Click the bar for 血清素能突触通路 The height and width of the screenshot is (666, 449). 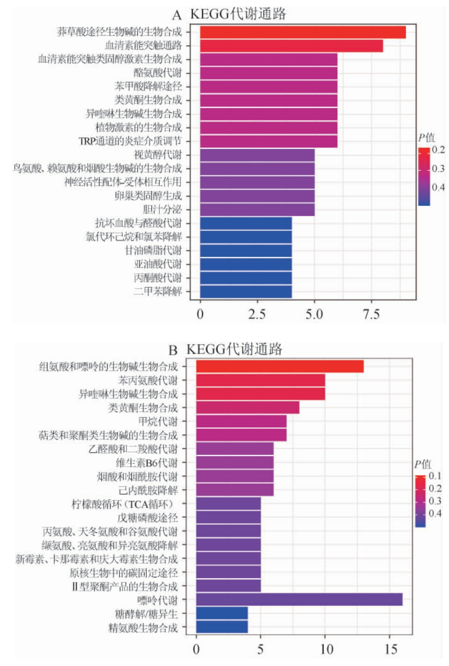click(x=291, y=46)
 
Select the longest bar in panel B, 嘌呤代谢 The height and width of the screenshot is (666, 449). click(x=299, y=599)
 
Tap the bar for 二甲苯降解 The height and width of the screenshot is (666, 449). click(x=246, y=292)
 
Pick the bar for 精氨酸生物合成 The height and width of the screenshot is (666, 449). click(x=222, y=627)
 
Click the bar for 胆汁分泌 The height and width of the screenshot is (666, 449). click(x=257, y=210)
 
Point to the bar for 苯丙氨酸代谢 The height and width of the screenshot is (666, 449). click(x=260, y=380)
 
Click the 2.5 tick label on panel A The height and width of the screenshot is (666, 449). click(x=257, y=314)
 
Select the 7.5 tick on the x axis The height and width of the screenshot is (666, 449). click(x=371, y=314)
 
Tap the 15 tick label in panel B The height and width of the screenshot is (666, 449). click(x=390, y=649)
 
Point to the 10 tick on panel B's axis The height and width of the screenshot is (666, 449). click(x=326, y=649)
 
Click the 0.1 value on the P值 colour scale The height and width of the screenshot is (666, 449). click(x=435, y=476)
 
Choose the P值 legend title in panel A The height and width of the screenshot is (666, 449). click(x=426, y=138)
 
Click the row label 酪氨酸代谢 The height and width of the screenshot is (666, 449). click(x=158, y=73)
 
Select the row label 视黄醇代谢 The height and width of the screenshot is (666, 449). click(x=158, y=155)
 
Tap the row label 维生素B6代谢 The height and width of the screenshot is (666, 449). click(x=147, y=463)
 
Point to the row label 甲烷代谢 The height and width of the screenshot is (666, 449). click(x=158, y=421)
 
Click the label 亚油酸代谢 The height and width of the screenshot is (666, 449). click(x=158, y=264)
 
